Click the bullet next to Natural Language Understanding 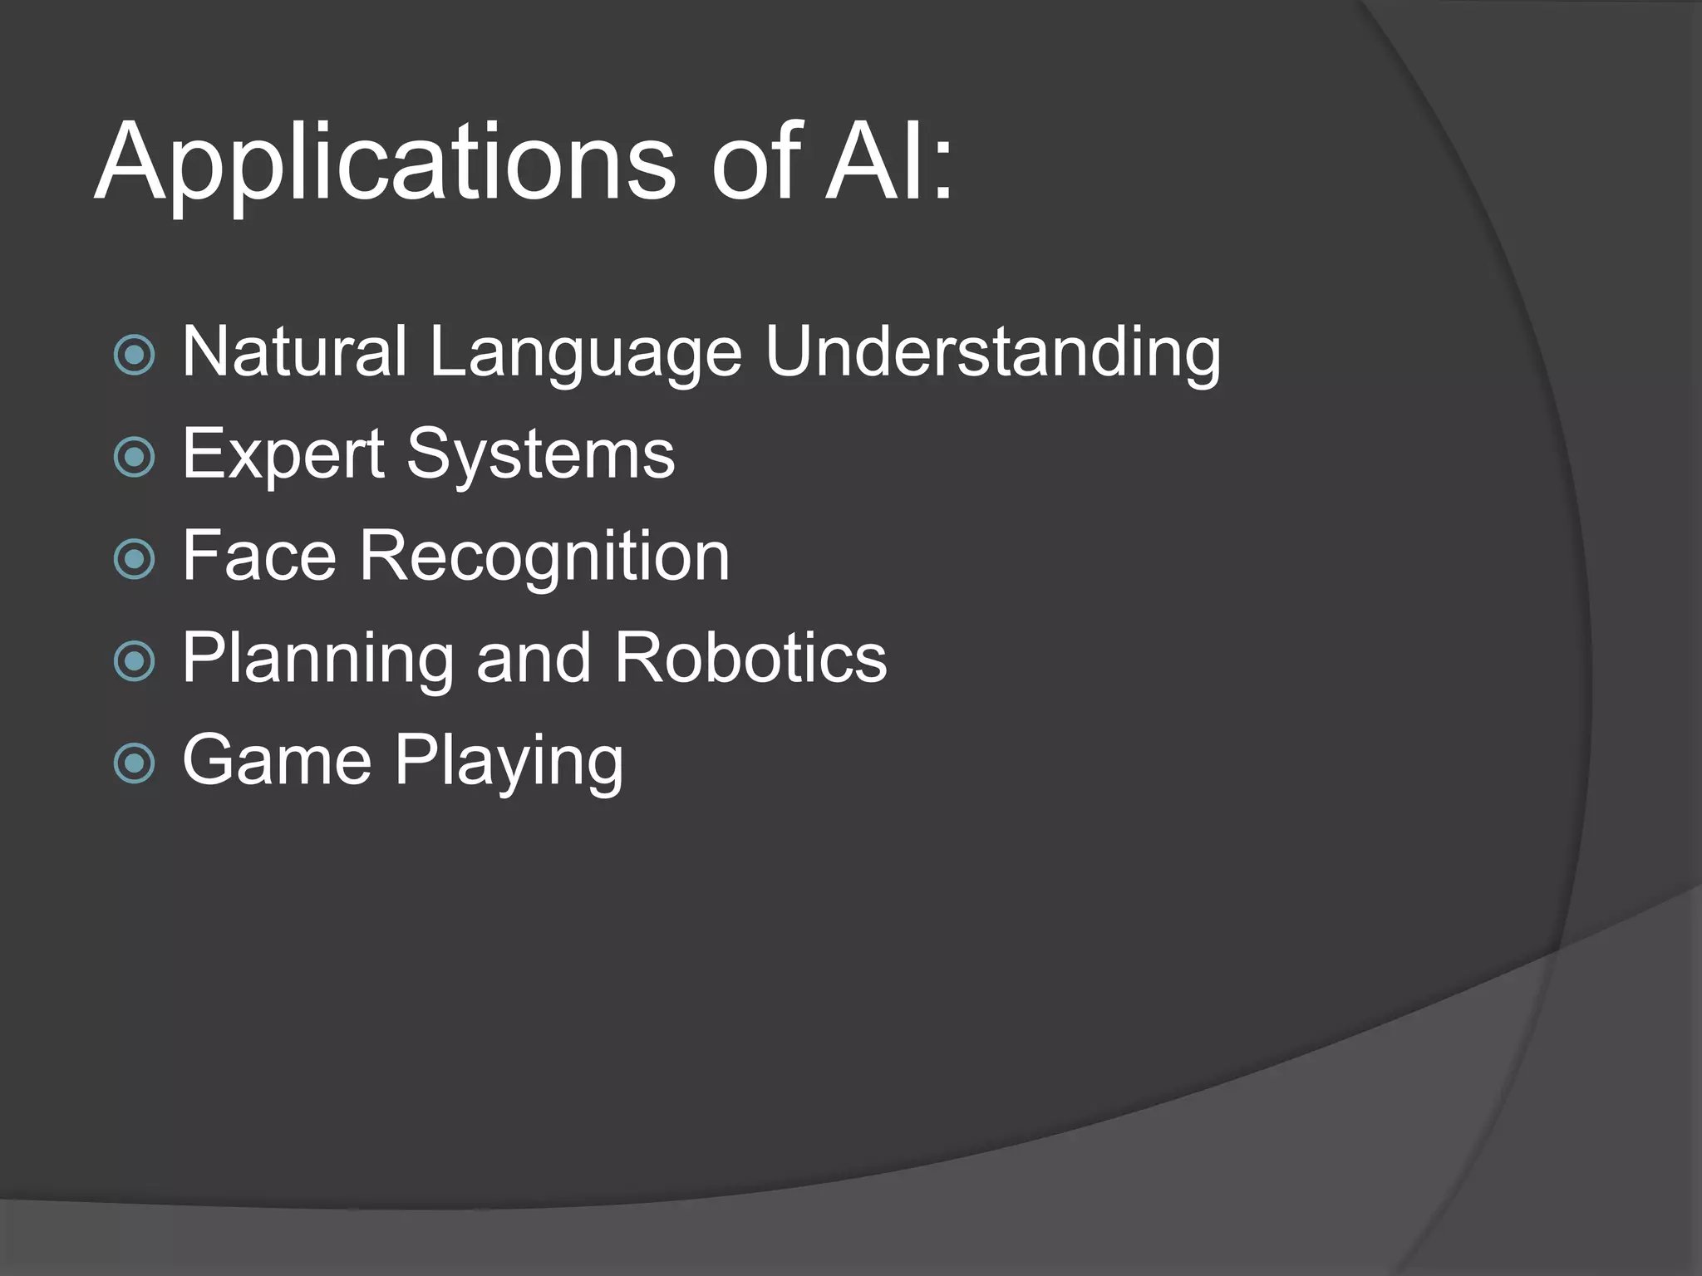(134, 356)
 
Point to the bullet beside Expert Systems (134, 457)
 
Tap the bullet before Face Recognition (134, 559)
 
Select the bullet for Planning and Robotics (134, 661)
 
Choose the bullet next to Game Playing (134, 763)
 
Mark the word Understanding (993, 354)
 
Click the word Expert (283, 455)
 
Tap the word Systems (540, 455)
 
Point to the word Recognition (544, 557)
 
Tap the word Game (277, 760)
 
